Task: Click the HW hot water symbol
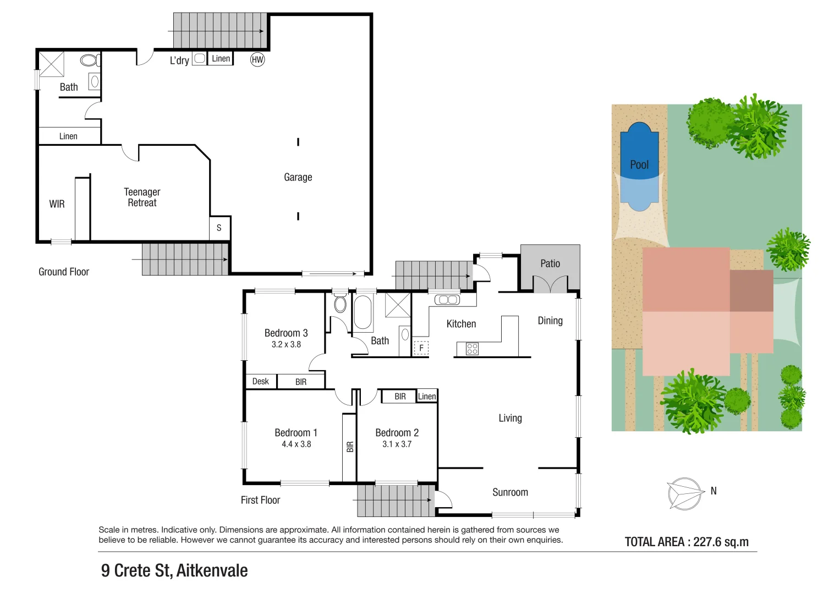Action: [x=257, y=59]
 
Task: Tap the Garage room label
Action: [x=298, y=177]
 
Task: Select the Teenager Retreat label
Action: [x=142, y=197]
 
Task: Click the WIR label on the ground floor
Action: [x=57, y=204]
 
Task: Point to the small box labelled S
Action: [x=219, y=228]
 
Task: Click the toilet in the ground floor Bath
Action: [x=90, y=60]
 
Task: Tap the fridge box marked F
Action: [x=421, y=348]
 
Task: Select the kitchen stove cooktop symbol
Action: [x=472, y=348]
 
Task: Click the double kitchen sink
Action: [x=447, y=300]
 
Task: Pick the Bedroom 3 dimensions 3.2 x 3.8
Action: [x=286, y=345]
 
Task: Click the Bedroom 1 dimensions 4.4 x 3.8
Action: [x=296, y=444]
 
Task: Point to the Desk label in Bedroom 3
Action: [x=261, y=381]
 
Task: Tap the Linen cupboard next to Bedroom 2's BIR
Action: [x=427, y=396]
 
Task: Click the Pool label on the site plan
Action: [x=639, y=164]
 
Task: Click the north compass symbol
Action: [x=685, y=493]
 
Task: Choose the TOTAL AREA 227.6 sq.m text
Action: [x=687, y=542]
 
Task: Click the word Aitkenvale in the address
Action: [x=212, y=570]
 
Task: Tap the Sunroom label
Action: [x=510, y=492]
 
